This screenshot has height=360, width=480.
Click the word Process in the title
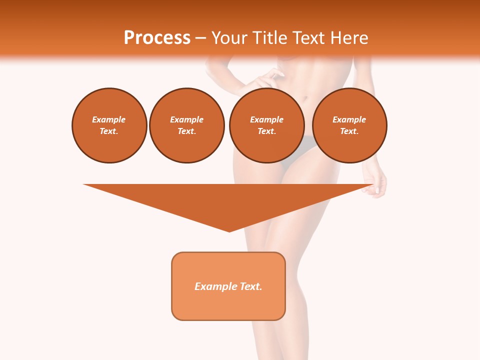tap(157, 38)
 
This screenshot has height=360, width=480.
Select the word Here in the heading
tap(348, 38)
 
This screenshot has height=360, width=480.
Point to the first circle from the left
tap(109, 125)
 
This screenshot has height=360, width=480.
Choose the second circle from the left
tap(186, 125)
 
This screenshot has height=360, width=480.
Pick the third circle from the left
tap(266, 125)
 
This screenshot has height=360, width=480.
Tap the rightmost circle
tap(349, 125)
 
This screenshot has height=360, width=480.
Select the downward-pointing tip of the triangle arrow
tap(229, 230)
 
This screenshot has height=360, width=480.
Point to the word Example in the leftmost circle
tap(109, 119)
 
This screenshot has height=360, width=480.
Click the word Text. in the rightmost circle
tap(349, 131)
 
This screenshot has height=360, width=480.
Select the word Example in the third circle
tap(266, 119)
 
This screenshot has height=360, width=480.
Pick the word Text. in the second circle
tap(186, 131)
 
